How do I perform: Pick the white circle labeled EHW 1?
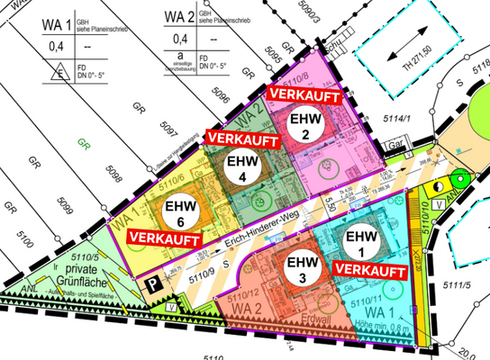point(356,241)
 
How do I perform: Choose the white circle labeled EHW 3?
point(296,268)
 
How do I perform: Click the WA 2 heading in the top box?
point(180,15)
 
